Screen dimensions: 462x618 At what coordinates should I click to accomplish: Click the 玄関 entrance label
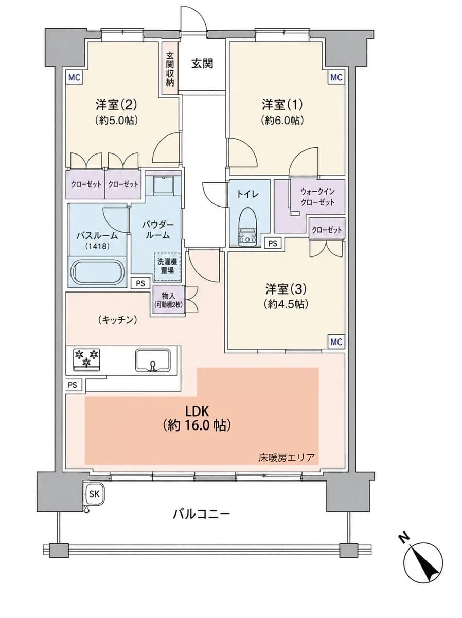(x=202, y=64)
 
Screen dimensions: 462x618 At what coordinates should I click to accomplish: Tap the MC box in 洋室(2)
(x=74, y=77)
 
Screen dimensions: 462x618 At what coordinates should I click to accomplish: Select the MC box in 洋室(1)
(x=336, y=77)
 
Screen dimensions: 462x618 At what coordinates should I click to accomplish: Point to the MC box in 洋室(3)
(x=336, y=342)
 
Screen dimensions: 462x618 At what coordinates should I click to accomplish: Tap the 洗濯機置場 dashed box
(x=167, y=267)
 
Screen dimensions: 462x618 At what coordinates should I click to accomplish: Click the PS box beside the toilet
(x=272, y=243)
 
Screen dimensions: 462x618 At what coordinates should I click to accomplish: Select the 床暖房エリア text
(x=286, y=458)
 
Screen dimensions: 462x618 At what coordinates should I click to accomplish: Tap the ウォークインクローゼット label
(x=317, y=197)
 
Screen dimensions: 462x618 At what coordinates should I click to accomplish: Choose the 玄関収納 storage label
(x=170, y=69)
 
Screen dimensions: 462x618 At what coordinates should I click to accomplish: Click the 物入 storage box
(x=169, y=299)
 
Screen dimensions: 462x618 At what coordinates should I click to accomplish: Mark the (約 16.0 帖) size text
(x=197, y=425)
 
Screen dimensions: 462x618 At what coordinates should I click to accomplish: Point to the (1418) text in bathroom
(x=97, y=246)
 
